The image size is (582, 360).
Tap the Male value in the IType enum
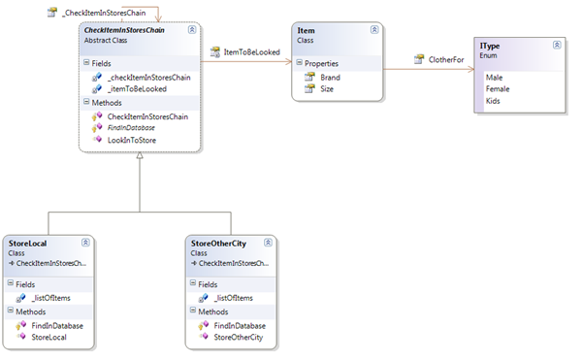click(495, 77)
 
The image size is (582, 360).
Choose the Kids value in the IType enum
click(493, 102)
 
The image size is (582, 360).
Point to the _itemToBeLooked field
click(137, 88)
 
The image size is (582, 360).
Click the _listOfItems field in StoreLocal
click(50, 297)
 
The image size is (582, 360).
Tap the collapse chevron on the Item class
click(373, 32)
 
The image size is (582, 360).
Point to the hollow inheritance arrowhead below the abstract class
click(140, 159)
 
